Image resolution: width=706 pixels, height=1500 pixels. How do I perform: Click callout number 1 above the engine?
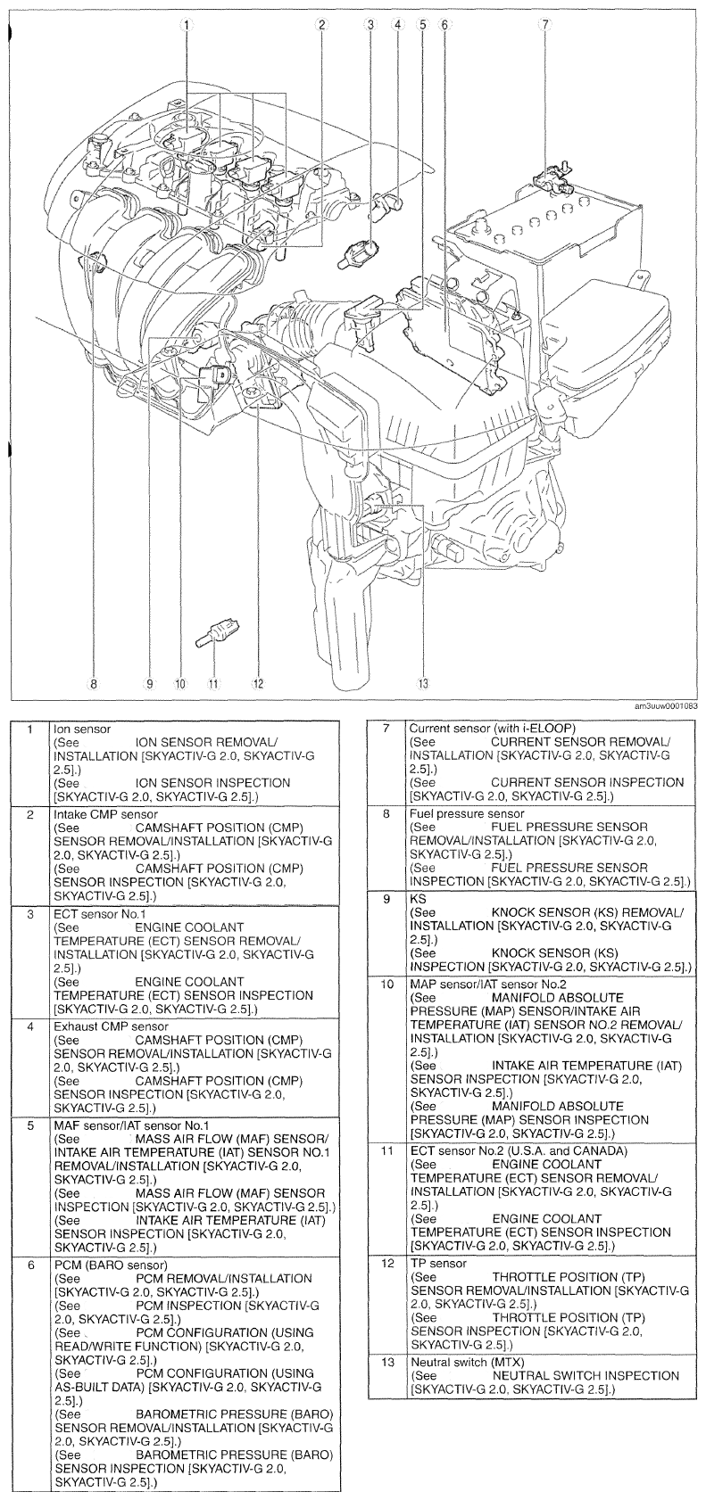click(x=186, y=24)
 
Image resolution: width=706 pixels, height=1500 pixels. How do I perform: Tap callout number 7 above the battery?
click(x=543, y=24)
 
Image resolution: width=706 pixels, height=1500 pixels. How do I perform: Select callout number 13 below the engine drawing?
click(x=422, y=684)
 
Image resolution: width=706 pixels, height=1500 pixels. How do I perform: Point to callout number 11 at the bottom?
click(x=213, y=684)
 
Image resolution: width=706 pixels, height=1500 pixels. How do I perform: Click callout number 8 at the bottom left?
click(x=92, y=684)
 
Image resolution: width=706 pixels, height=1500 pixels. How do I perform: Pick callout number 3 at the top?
click(x=370, y=24)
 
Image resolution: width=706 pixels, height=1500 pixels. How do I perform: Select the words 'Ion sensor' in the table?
click(x=82, y=729)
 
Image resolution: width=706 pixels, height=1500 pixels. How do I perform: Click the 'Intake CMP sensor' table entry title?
click(x=105, y=814)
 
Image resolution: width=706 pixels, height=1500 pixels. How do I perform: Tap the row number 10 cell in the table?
click(x=387, y=985)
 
